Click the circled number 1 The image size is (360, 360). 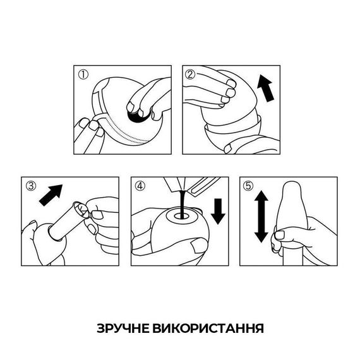(x=83, y=74)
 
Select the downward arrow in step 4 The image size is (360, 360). (x=218, y=210)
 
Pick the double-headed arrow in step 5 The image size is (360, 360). (x=261, y=219)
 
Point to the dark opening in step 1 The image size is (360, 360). (x=136, y=115)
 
